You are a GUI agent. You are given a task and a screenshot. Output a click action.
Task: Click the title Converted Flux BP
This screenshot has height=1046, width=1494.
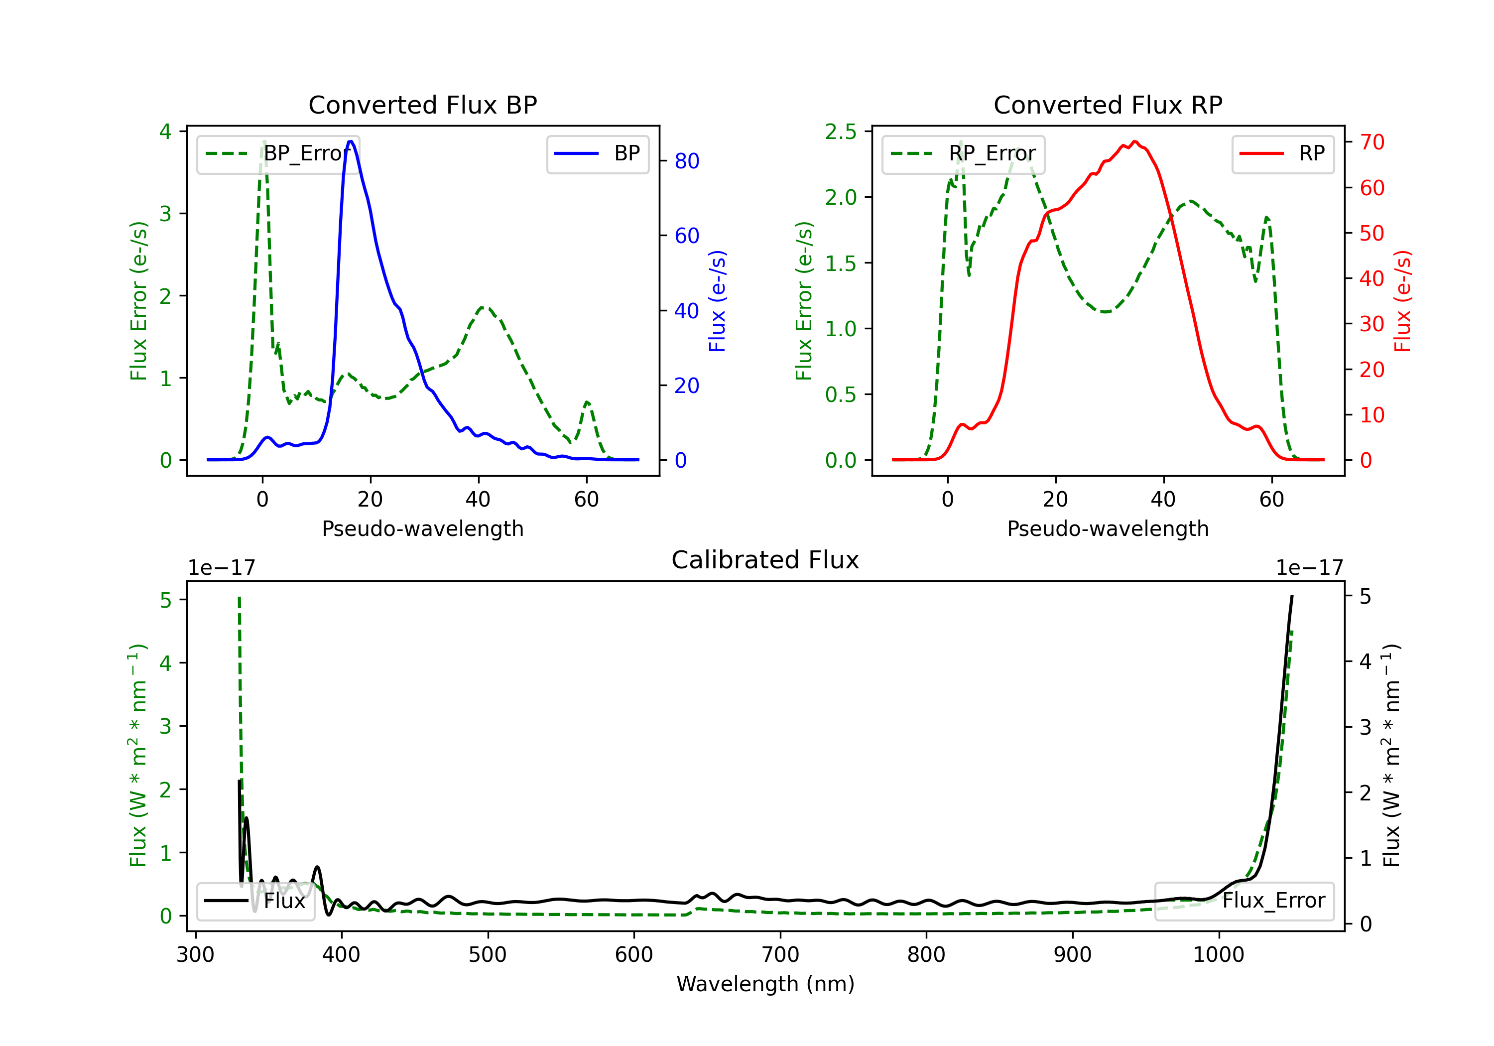tap(422, 105)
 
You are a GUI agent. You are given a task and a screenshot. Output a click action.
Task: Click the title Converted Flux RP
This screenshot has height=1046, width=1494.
tap(1108, 105)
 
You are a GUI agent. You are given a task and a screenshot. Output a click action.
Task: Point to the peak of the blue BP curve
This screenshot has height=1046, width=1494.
tap(350, 141)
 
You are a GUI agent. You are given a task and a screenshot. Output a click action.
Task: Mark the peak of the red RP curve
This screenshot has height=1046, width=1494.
tap(1134, 141)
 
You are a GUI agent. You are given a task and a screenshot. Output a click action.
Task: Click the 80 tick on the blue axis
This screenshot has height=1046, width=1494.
tap(686, 161)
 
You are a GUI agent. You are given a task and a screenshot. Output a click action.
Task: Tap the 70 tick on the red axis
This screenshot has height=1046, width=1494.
tap(1371, 142)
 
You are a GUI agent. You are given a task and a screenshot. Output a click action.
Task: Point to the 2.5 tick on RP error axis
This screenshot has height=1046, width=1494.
tap(841, 131)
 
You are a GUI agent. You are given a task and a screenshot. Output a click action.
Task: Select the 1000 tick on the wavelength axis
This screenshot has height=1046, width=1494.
tap(1218, 955)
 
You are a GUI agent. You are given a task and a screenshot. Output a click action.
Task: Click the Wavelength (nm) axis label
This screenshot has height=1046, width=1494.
tap(765, 984)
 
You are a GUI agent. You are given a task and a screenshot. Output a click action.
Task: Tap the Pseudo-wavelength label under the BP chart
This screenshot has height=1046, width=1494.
tap(422, 528)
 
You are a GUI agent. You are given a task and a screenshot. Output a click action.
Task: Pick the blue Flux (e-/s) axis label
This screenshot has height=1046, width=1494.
tap(717, 301)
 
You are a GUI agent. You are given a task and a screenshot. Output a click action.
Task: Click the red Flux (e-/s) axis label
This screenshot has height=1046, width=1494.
tap(1402, 301)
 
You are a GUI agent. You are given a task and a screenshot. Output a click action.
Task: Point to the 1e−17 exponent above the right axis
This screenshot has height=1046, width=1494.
tap(1309, 568)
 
